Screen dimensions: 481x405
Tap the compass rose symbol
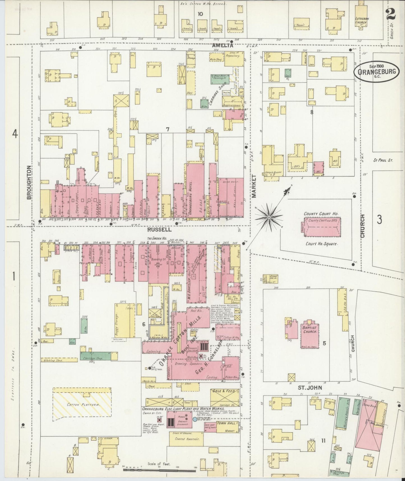click(269, 217)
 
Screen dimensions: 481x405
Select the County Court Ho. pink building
click(323, 227)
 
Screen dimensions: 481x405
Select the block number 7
click(167, 129)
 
